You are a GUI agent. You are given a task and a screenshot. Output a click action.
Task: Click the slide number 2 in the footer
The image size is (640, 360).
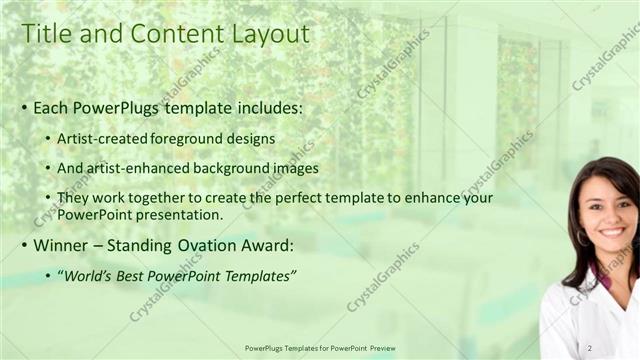click(590, 347)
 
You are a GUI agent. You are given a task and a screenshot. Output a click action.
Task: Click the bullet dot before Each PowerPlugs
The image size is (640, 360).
click(25, 107)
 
